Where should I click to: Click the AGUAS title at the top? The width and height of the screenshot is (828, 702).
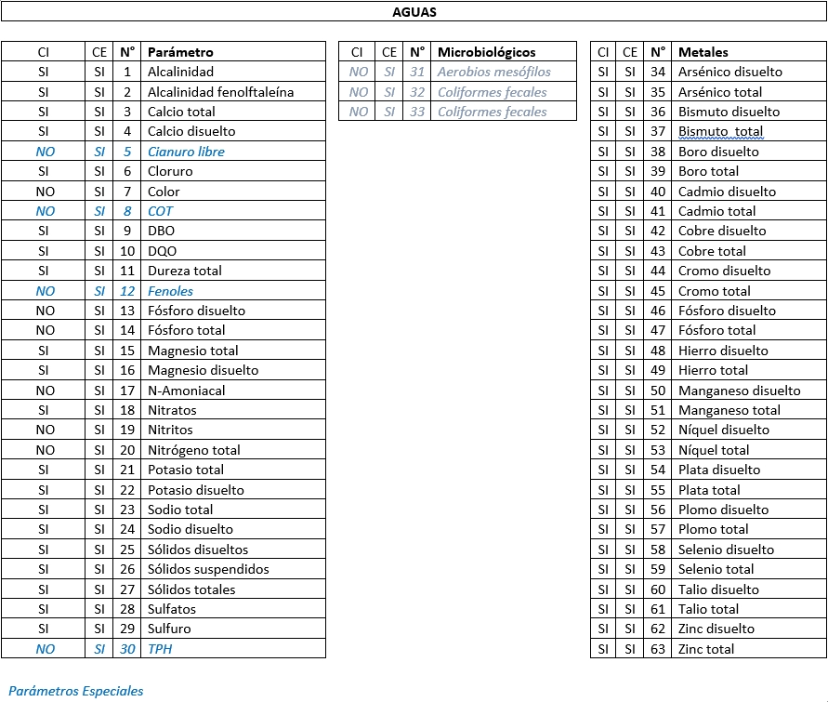(x=414, y=12)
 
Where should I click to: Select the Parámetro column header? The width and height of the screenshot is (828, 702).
(x=180, y=52)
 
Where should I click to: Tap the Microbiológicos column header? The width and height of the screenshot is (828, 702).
(x=486, y=52)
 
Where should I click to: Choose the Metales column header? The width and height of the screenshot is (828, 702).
(x=703, y=52)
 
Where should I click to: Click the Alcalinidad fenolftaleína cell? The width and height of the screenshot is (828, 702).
(x=220, y=92)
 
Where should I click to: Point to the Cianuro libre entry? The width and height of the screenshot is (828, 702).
(x=186, y=152)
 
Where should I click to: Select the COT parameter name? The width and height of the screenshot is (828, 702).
(x=160, y=211)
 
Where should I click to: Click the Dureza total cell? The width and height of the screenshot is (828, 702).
(x=185, y=271)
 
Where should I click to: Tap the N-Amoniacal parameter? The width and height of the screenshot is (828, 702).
(x=186, y=391)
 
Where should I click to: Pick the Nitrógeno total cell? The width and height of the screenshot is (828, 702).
(x=193, y=450)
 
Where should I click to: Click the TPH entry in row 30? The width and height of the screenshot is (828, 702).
(x=160, y=649)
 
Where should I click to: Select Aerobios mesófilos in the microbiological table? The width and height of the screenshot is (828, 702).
(x=493, y=72)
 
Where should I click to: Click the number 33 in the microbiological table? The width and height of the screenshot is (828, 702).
(x=417, y=112)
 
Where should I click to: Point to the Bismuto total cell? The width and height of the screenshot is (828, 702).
(x=720, y=132)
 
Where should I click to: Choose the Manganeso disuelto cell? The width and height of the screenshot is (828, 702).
(x=739, y=391)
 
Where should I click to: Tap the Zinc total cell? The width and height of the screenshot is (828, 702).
(x=705, y=649)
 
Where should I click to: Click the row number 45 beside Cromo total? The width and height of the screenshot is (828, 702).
(x=658, y=291)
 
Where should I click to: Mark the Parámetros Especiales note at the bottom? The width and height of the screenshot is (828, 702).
(x=76, y=691)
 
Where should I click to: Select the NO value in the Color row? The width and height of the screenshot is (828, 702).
(x=45, y=192)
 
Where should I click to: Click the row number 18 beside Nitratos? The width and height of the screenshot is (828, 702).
(x=127, y=410)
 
